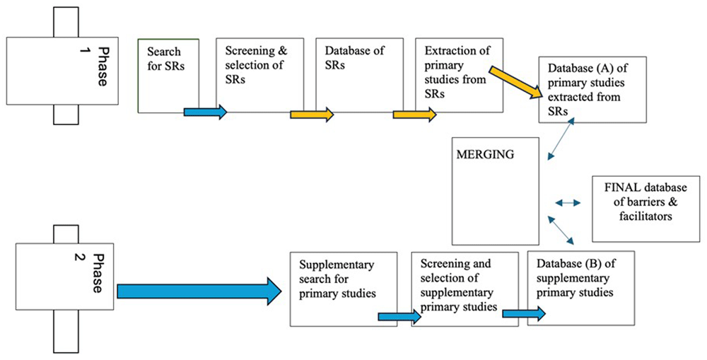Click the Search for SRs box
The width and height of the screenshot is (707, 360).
click(168, 76)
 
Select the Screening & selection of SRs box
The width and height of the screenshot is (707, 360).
click(259, 76)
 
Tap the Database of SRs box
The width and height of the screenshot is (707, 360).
click(359, 75)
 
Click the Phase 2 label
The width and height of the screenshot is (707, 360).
click(91, 272)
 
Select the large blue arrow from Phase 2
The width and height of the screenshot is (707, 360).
click(199, 291)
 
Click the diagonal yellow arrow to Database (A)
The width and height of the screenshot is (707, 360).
click(516, 82)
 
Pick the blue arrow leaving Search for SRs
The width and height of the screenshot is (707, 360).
click(205, 112)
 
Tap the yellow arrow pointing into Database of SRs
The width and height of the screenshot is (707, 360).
click(312, 115)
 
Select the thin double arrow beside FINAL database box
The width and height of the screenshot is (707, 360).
click(568, 203)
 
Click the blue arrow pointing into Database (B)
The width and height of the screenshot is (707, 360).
click(524, 313)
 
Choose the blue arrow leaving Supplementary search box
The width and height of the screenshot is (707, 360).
click(399, 317)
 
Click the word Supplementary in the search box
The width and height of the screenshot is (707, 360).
click(337, 265)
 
